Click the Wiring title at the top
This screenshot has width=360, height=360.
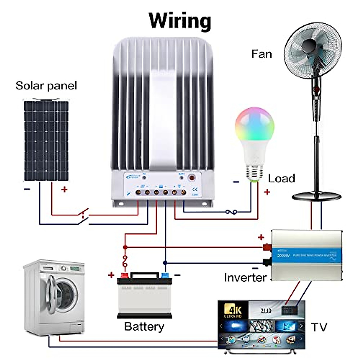click(x=180, y=20)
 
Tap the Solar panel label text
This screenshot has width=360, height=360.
click(x=46, y=86)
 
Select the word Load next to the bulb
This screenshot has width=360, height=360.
click(x=281, y=178)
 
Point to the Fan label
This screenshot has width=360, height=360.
click(x=262, y=54)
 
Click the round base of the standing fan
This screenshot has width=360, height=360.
click(x=316, y=197)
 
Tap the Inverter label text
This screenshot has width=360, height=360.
click(x=245, y=277)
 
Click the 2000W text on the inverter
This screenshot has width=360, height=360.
click(x=283, y=256)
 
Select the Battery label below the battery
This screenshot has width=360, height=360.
click(x=144, y=326)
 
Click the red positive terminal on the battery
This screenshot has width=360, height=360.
click(x=124, y=275)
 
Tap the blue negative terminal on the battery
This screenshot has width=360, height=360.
click(x=165, y=275)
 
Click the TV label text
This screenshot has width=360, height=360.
click(x=319, y=327)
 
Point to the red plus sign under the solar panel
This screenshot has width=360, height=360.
click(x=64, y=189)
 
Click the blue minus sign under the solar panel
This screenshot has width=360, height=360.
click(x=27, y=189)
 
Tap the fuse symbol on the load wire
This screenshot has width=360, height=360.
click(x=231, y=212)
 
